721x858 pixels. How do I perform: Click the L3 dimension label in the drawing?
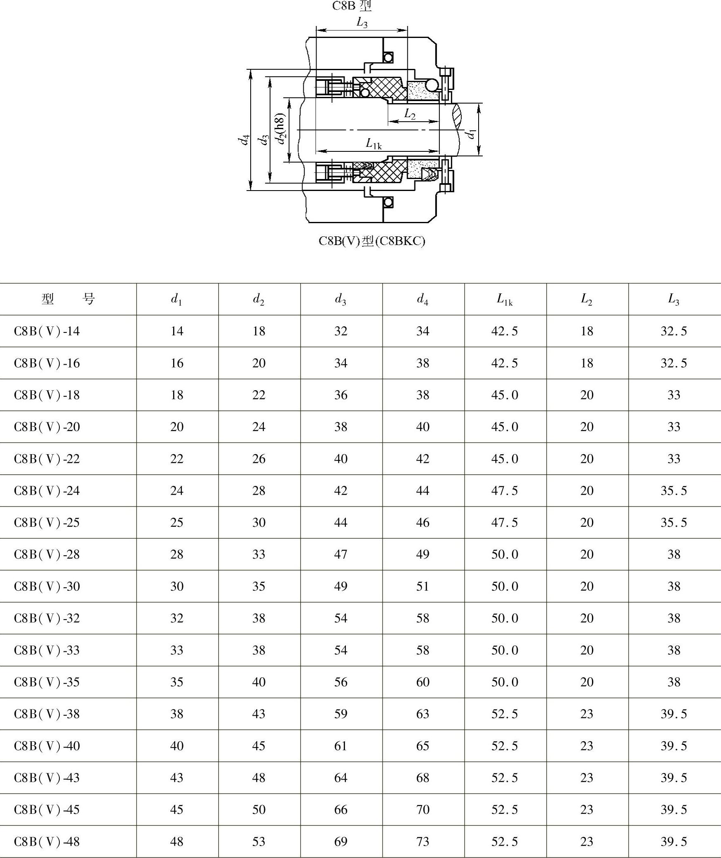(x=362, y=23)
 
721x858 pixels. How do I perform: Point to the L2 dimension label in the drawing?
(x=409, y=114)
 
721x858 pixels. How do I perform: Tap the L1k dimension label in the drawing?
(x=373, y=144)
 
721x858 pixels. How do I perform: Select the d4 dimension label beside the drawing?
(x=244, y=140)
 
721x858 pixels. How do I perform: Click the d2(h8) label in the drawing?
(x=281, y=129)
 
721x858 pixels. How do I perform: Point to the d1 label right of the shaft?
(x=471, y=134)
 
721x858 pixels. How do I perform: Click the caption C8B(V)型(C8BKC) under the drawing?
(x=371, y=241)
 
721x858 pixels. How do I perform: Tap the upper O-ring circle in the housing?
(x=388, y=57)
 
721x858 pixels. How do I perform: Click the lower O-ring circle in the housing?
(x=388, y=202)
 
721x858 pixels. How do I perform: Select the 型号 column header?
(x=68, y=299)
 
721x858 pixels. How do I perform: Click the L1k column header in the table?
(x=505, y=299)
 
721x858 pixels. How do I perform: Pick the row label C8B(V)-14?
(x=47, y=331)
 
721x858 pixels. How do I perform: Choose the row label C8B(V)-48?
(x=47, y=841)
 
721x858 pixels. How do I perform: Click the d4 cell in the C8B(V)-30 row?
(x=423, y=586)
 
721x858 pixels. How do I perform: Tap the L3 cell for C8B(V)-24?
(x=674, y=490)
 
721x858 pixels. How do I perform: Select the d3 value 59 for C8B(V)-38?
(x=341, y=714)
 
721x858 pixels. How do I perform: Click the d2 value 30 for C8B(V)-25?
(x=258, y=523)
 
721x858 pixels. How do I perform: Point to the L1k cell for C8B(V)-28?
(x=505, y=554)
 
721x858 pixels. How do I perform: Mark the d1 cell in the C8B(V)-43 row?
(x=176, y=778)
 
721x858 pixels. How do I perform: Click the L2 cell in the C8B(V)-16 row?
(x=586, y=363)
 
